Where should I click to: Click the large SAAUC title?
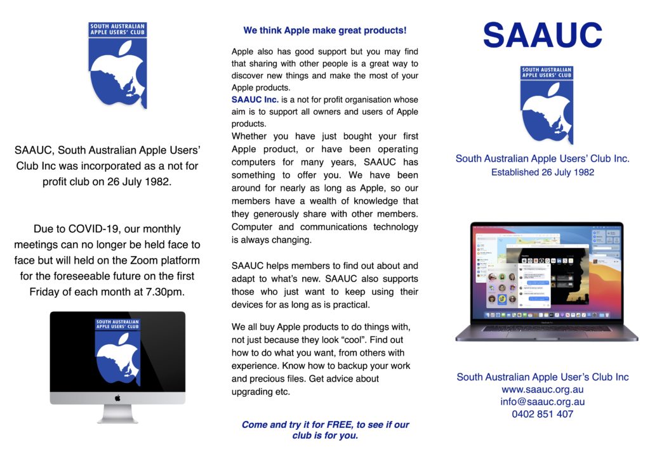click(543, 36)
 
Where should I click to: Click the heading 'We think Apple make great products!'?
click(324, 30)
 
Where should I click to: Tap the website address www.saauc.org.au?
click(543, 389)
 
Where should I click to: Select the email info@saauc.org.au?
click(543, 401)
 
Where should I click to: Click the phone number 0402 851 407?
click(543, 414)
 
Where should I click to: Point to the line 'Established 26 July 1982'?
click(543, 172)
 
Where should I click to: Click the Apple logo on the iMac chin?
click(117, 398)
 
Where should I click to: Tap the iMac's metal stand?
click(117, 413)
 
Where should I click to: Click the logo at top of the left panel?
click(117, 65)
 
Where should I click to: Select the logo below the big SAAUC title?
click(547, 105)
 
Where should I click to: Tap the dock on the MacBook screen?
click(547, 315)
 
